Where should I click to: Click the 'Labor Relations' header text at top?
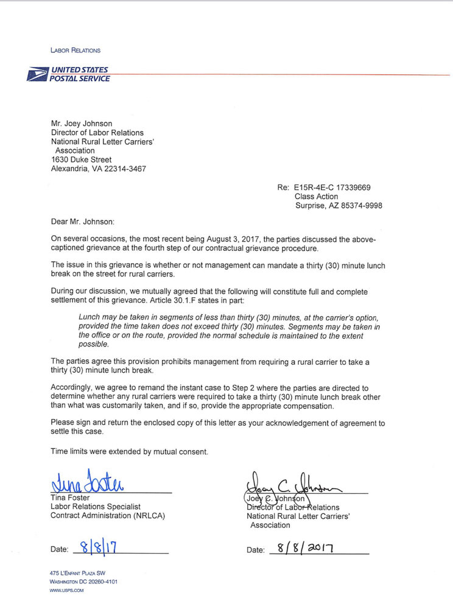click(76, 50)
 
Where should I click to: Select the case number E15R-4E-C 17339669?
click(339, 188)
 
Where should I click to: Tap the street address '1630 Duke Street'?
click(82, 160)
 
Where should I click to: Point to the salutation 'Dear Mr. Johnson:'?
click(82, 222)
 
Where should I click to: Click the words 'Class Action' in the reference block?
click(316, 197)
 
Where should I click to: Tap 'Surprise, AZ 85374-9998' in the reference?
click(338, 206)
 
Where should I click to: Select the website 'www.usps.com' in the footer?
click(67, 590)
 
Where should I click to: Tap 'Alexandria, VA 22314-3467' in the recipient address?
click(98, 169)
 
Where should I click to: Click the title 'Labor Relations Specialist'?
click(95, 507)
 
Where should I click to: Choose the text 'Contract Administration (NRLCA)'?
click(107, 516)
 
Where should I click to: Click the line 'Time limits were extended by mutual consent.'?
click(129, 451)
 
